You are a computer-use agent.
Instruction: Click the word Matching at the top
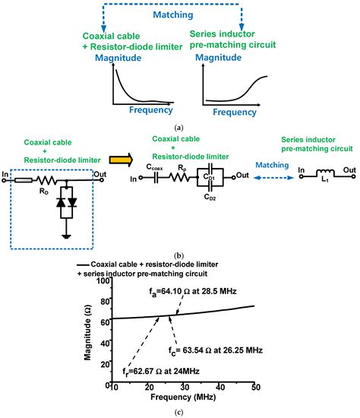pyautogui.click(x=180, y=14)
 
